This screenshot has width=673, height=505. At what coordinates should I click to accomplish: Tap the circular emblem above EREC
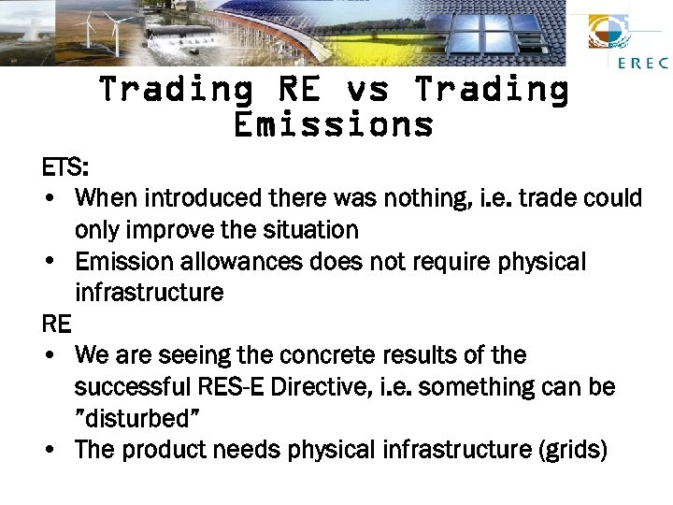(x=614, y=32)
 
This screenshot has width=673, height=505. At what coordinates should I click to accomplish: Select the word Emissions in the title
(x=334, y=123)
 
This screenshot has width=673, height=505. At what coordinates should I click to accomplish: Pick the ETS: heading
(x=65, y=167)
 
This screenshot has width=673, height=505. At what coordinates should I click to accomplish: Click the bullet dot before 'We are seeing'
(x=48, y=356)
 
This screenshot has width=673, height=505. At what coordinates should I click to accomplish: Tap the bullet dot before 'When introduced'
(x=48, y=199)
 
